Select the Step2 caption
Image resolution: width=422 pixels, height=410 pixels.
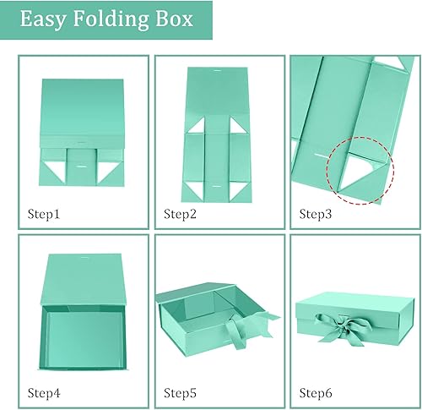pyautogui.click(x=181, y=214)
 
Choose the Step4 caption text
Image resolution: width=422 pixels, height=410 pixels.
pyautogui.click(x=43, y=392)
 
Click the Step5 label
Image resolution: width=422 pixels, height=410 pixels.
pyautogui.click(x=181, y=392)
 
